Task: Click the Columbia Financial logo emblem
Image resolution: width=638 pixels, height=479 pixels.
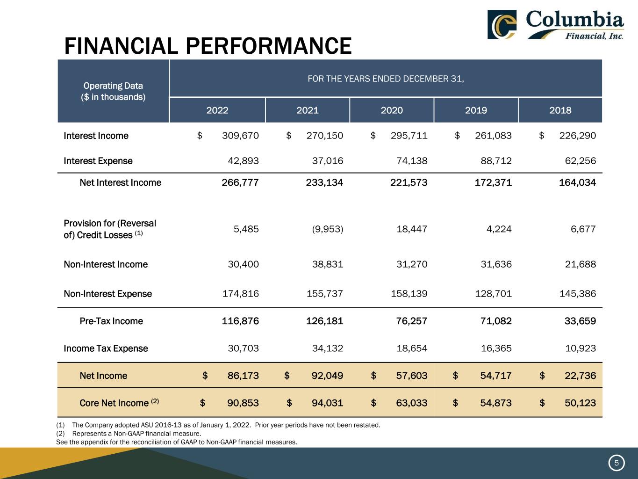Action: (502, 24)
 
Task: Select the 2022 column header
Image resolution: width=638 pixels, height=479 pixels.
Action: (217, 110)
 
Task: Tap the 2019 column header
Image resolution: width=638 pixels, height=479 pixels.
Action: (476, 110)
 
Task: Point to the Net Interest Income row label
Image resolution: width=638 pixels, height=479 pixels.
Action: (120, 182)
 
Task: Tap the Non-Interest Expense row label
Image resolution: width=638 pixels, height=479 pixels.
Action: (108, 294)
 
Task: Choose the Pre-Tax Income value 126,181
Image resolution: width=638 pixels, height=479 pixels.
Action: (324, 321)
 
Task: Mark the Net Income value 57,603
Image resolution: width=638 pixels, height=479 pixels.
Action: (409, 376)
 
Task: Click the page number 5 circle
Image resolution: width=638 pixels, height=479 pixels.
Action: (616, 463)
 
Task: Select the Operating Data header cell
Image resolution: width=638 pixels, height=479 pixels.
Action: (113, 91)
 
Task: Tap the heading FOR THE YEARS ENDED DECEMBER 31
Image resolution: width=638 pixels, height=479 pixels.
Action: (386, 79)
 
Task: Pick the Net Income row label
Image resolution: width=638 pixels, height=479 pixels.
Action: (103, 376)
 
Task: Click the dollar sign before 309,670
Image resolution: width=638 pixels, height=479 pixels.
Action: (200, 136)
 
